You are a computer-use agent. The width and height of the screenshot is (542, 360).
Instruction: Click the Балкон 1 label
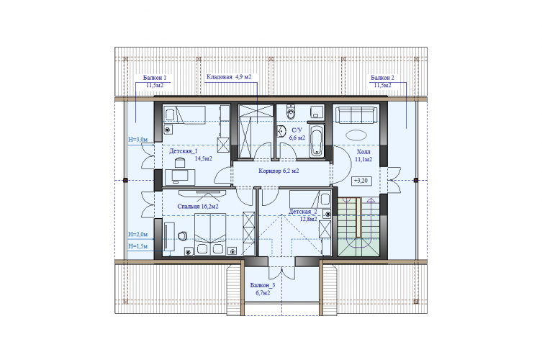pyautogui.click(x=155, y=78)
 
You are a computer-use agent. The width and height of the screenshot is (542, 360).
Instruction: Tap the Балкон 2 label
pyautogui.click(x=382, y=78)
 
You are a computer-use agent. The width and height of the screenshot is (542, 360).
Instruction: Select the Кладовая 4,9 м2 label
pyautogui.click(x=229, y=77)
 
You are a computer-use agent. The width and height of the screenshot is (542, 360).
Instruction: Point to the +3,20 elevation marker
pyautogui.click(x=361, y=181)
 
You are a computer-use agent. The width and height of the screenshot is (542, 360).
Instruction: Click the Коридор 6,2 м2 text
pyautogui.click(x=279, y=171)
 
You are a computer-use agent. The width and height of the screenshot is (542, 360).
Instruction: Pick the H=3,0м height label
pyautogui.click(x=138, y=140)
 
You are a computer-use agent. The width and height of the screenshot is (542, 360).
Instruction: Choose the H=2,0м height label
pyautogui.click(x=138, y=235)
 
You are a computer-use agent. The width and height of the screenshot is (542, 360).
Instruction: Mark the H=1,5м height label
pyautogui.click(x=138, y=246)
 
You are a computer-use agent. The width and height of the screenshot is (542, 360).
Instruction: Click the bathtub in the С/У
pyautogui.click(x=316, y=140)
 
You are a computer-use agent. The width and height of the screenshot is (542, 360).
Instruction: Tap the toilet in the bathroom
pyautogui.click(x=291, y=111)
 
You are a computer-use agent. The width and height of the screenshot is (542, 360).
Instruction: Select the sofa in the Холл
pyautogui.click(x=356, y=114)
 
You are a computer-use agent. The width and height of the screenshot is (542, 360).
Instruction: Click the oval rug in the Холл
pyautogui.click(x=356, y=135)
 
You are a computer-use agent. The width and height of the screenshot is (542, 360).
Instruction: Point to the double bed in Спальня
pyautogui.click(x=210, y=235)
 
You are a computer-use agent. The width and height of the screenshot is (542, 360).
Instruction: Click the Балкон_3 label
pyautogui.click(x=263, y=285)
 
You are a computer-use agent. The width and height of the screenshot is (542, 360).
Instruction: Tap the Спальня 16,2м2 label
pyautogui.click(x=198, y=207)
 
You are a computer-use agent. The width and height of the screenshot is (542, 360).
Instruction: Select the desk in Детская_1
pyautogui.click(x=180, y=177)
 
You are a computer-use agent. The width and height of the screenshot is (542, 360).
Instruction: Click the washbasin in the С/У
pyautogui.click(x=281, y=132)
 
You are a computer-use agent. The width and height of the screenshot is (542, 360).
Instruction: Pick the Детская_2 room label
pyautogui.click(x=303, y=212)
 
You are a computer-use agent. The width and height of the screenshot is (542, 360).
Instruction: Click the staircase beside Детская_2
pyautogui.click(x=358, y=227)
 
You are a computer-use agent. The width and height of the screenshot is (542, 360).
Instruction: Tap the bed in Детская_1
pyautogui.click(x=184, y=114)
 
